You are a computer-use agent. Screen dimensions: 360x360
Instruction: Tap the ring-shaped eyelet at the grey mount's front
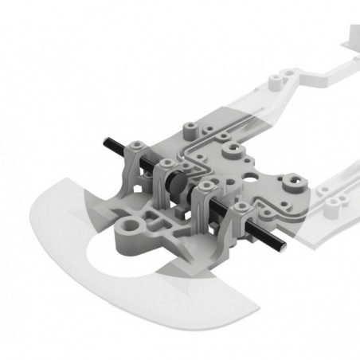point(127,232)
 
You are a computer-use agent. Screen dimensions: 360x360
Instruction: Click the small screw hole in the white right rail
point(327,190)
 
